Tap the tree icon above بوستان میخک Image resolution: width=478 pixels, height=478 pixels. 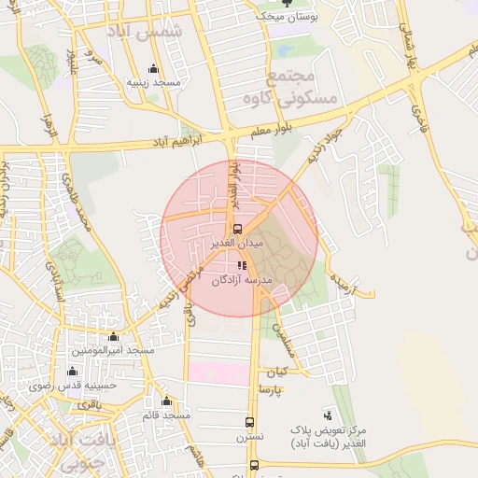tap(287, 3)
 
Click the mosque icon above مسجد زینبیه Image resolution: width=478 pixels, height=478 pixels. tap(153, 69)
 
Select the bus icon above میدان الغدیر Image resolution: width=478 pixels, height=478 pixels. tap(236, 229)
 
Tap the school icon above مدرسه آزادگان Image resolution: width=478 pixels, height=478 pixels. tap(243, 267)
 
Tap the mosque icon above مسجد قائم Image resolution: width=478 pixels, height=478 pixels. tap(166, 401)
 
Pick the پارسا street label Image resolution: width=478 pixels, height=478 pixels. tap(270, 387)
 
